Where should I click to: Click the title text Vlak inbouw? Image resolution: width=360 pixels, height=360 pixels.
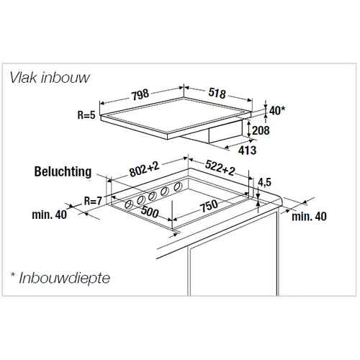point(50,78)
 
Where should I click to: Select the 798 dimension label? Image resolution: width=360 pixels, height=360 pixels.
point(140,94)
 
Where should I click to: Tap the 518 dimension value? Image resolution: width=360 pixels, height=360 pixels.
point(217,93)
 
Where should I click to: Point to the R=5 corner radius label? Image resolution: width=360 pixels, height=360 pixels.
point(86,115)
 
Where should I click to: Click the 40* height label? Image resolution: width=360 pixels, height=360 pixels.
point(277,111)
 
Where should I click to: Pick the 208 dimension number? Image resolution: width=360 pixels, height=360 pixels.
point(261,130)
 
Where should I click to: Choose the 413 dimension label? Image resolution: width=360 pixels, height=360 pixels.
point(247,150)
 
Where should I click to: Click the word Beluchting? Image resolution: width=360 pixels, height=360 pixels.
point(63,171)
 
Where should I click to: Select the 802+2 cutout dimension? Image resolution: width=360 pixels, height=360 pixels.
point(144,169)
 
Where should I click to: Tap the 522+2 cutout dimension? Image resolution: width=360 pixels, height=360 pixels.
point(220,168)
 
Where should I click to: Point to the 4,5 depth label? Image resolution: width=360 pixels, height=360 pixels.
point(264,182)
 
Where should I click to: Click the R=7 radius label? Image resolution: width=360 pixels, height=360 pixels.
point(93,201)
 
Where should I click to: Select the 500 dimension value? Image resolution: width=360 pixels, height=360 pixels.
point(150,211)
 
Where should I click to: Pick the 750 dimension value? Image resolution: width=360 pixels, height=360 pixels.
point(210,206)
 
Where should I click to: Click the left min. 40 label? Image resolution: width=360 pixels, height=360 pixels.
point(50,215)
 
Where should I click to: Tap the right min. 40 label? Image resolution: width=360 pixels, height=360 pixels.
point(309,216)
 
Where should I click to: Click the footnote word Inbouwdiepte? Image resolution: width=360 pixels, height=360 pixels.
point(65,278)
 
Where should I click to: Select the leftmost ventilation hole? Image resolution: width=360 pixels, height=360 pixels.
point(129,204)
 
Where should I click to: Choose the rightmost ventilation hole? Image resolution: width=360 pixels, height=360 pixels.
point(178,186)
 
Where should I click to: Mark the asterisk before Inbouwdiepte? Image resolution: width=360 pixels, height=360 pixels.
point(13,274)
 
